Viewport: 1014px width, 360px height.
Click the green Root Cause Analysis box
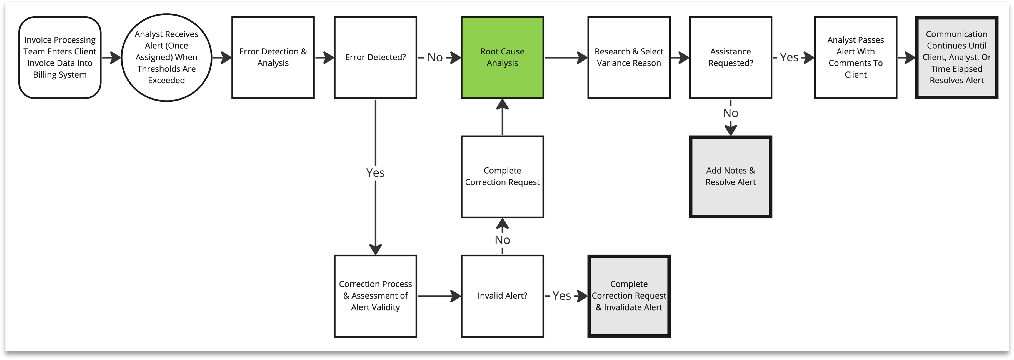coord(502,57)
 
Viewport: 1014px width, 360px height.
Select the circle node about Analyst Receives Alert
coord(166,57)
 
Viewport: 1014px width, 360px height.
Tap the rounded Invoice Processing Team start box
coord(60,57)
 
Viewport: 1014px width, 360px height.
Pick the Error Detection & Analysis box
coord(273,57)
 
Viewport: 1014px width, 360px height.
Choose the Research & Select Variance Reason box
coord(629,57)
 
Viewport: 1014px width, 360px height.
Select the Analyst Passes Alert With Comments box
coord(855,57)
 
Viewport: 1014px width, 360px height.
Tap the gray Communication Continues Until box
coord(956,57)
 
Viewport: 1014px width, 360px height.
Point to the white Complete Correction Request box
coord(502,177)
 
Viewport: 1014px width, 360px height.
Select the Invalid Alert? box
coord(502,296)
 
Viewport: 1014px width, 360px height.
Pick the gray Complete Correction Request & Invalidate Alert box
coord(629,296)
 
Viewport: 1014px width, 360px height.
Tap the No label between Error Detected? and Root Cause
coord(435,57)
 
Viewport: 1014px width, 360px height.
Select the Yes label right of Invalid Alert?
coord(561,296)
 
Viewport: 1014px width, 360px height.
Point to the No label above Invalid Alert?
coord(502,240)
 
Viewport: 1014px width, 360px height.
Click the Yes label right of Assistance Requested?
coord(789,57)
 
